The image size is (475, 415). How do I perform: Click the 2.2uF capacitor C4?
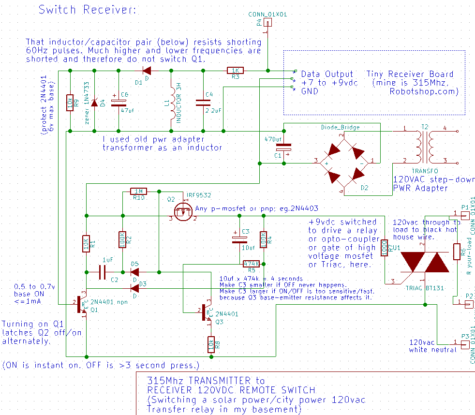(203, 102)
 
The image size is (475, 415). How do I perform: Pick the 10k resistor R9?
(70, 103)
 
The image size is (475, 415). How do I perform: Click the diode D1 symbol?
(146, 71)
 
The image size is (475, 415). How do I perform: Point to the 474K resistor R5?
(252, 264)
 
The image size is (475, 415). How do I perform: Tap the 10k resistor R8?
(211, 344)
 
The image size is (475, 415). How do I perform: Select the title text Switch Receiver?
(88, 10)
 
